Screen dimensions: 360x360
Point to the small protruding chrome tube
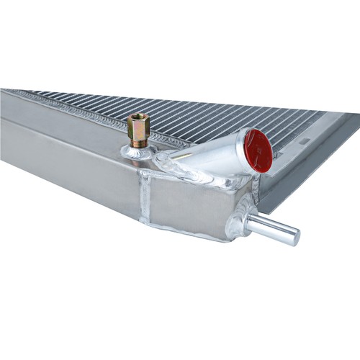[274, 228]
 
